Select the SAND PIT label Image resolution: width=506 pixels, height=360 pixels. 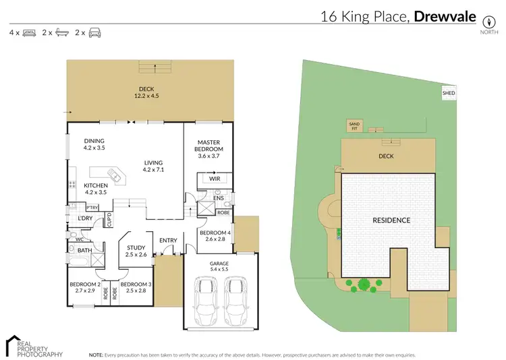[x=354, y=125]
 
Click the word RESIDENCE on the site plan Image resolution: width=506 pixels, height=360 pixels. [x=392, y=220]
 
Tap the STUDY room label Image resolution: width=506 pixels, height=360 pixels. [x=136, y=247]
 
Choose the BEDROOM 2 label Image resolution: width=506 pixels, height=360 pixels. [x=85, y=284]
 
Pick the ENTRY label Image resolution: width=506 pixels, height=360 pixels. [x=168, y=241]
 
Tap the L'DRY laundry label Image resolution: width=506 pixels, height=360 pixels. [x=85, y=218]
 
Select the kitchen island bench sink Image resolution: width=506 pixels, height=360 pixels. [x=116, y=177]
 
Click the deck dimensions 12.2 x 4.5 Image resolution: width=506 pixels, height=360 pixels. [x=146, y=96]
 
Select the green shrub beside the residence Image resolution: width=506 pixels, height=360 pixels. [x=363, y=285]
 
